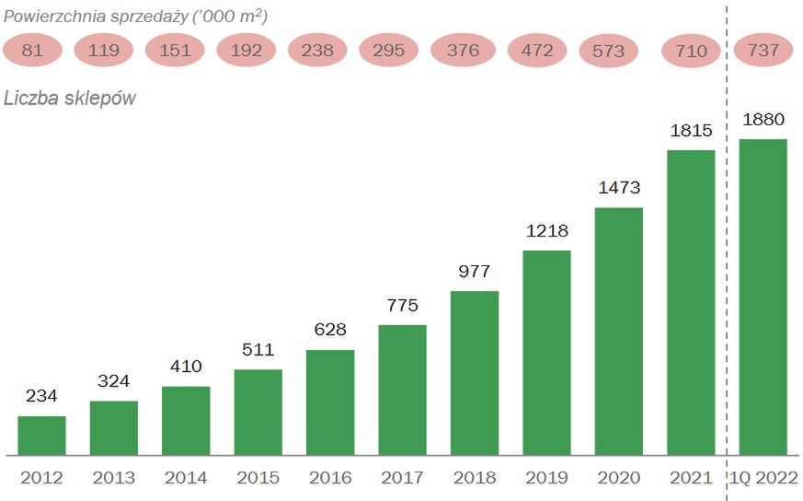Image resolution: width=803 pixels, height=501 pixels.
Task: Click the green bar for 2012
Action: coord(41,436)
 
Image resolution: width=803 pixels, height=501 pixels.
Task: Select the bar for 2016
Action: coord(330,402)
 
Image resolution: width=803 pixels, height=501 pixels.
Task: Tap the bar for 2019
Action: coord(546,353)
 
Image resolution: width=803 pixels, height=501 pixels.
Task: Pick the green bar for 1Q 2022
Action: coord(763,297)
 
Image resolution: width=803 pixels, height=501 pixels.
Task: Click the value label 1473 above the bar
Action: coord(619,188)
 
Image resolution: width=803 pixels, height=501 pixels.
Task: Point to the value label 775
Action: coord(402,305)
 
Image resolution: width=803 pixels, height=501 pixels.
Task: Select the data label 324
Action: coord(114,380)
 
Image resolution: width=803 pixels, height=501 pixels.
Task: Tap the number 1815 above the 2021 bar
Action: coord(691,131)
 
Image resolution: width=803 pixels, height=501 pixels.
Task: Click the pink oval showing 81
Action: coord(32,51)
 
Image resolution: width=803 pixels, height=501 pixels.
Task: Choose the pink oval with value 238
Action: coord(317,51)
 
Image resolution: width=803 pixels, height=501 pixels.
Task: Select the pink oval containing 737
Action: coord(763,51)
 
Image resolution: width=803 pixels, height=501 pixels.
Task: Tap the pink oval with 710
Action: coord(691,51)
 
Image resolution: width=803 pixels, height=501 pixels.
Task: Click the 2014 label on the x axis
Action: coord(186,478)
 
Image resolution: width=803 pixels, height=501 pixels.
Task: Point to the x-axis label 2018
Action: coord(475,478)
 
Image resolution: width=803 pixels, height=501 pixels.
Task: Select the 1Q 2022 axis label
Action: coord(763,478)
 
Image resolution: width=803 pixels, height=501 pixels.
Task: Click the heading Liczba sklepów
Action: coord(70,99)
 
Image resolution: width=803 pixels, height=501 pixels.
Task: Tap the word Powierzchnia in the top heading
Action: coord(54,17)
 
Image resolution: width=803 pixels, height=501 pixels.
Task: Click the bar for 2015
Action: coord(258,412)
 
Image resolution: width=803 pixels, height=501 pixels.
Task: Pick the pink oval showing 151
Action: coord(174,51)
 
